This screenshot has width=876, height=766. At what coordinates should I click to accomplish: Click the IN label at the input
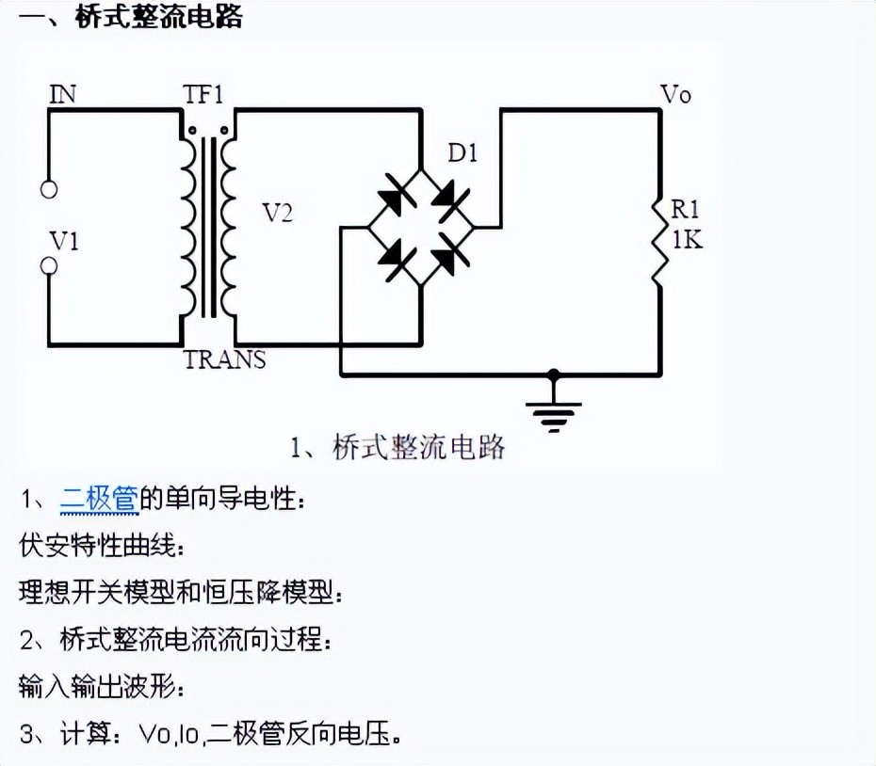63,93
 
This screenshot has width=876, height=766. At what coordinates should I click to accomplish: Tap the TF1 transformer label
205,93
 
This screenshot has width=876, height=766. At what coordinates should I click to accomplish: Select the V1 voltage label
64,241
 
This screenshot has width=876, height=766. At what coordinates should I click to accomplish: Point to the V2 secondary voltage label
277,214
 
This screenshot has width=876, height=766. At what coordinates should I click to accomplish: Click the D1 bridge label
462,152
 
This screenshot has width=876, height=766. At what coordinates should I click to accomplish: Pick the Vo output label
675,94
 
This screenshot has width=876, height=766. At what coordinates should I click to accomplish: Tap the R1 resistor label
686,209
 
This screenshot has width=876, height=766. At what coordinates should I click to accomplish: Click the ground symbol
554,412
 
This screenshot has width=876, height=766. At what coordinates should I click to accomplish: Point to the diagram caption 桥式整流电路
418,447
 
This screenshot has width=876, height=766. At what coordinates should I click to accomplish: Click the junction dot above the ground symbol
554,375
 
